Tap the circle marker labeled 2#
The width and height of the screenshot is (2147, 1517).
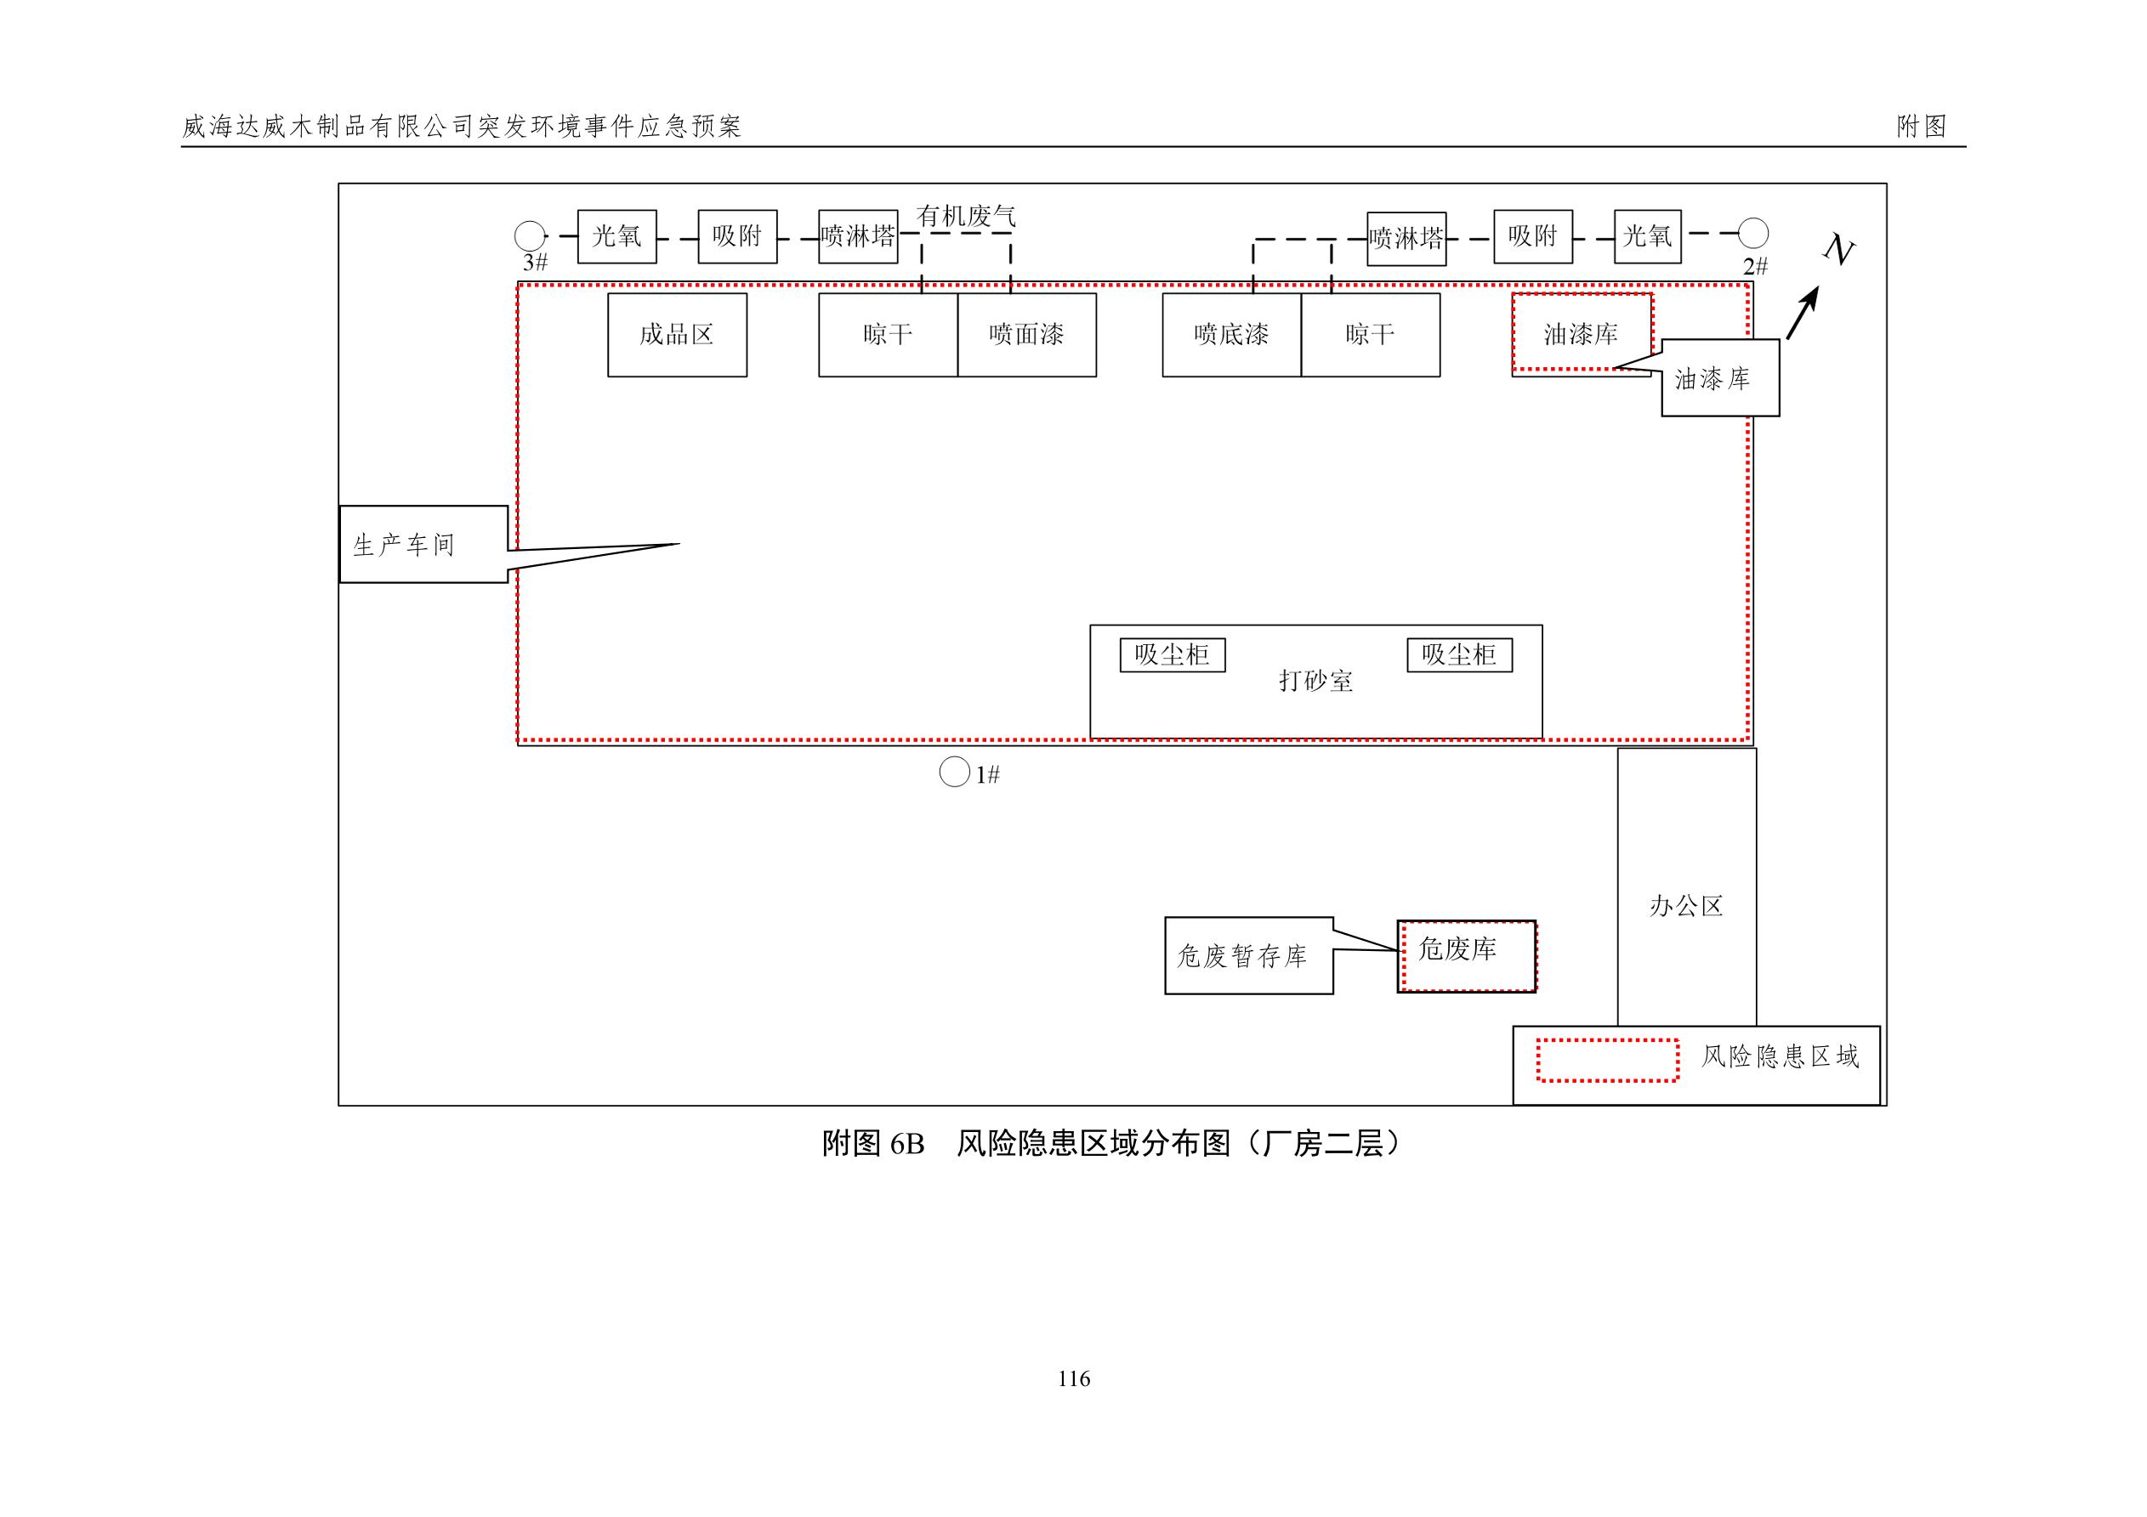[1752, 233]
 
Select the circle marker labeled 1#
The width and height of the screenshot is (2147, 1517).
[954, 772]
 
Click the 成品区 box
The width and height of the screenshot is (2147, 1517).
[677, 335]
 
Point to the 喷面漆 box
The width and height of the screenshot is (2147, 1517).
[1027, 335]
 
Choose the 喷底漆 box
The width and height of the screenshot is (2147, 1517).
[1231, 335]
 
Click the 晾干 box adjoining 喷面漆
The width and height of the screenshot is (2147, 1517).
[888, 335]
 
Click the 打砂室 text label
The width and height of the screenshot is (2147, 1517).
[1315, 681]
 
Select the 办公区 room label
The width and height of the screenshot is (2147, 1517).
[1686, 905]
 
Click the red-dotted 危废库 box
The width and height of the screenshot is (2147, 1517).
[1466, 955]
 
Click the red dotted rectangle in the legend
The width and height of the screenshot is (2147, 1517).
[1607, 1060]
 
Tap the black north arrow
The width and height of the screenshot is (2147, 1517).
[1802, 313]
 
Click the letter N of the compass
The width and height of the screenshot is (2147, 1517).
[1838, 250]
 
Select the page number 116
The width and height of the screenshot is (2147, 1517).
[1073, 1378]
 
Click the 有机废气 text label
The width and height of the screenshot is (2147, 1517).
[966, 216]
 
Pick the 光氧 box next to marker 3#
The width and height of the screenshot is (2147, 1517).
[617, 236]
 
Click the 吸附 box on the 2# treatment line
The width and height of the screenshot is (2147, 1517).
[1532, 236]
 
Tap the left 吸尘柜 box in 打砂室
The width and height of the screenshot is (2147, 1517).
[1173, 654]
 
